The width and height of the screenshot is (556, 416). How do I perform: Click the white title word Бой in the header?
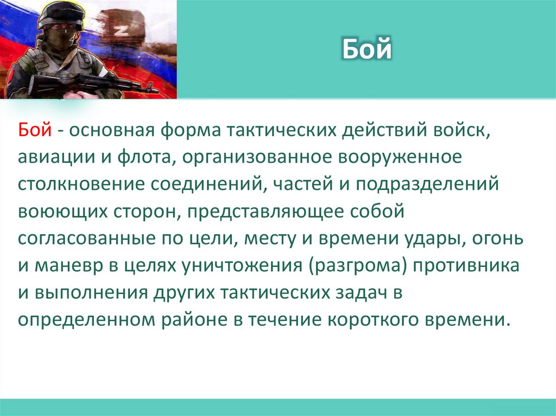(x=367, y=50)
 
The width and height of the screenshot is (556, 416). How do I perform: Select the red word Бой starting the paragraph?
(x=35, y=131)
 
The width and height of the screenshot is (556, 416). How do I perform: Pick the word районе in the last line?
(x=192, y=319)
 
